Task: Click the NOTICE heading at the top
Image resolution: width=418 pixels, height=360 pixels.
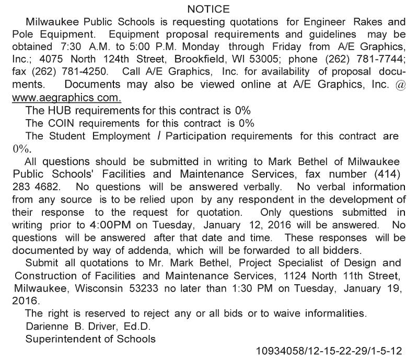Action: [208, 9]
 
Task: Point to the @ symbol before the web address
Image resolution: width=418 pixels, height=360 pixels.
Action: [400, 85]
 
